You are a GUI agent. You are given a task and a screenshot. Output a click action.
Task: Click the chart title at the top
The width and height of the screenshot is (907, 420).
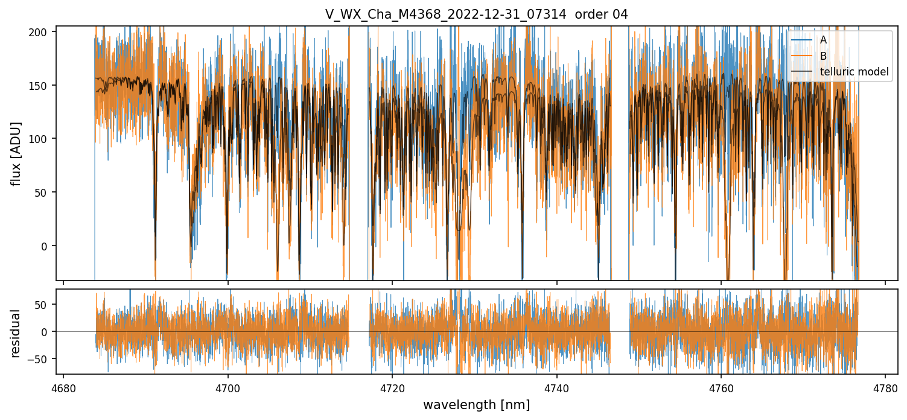coord(476,14)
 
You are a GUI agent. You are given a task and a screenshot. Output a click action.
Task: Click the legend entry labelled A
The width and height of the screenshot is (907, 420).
coord(824,40)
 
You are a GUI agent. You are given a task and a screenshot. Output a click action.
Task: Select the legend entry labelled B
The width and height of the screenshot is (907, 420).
coord(824,56)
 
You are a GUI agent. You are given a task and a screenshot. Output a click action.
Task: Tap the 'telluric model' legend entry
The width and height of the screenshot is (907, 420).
coord(854,72)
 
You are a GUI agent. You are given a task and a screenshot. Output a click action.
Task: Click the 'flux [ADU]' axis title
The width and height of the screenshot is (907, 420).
coord(17,153)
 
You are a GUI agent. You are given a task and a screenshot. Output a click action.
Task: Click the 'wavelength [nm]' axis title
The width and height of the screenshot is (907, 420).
coord(476,405)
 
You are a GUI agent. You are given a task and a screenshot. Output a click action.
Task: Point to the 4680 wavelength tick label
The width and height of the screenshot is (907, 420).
coord(63,387)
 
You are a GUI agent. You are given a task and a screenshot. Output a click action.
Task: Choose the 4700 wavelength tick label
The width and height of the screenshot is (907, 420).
coord(228,387)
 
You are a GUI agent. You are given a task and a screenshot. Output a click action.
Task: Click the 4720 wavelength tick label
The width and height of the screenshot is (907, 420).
coord(392,387)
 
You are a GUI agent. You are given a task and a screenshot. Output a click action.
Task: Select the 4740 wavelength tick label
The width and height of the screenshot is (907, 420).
coord(556,387)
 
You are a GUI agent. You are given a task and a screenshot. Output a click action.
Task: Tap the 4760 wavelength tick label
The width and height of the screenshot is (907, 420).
coord(721,387)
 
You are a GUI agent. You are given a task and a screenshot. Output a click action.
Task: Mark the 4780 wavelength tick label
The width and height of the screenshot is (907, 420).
coord(885,387)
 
